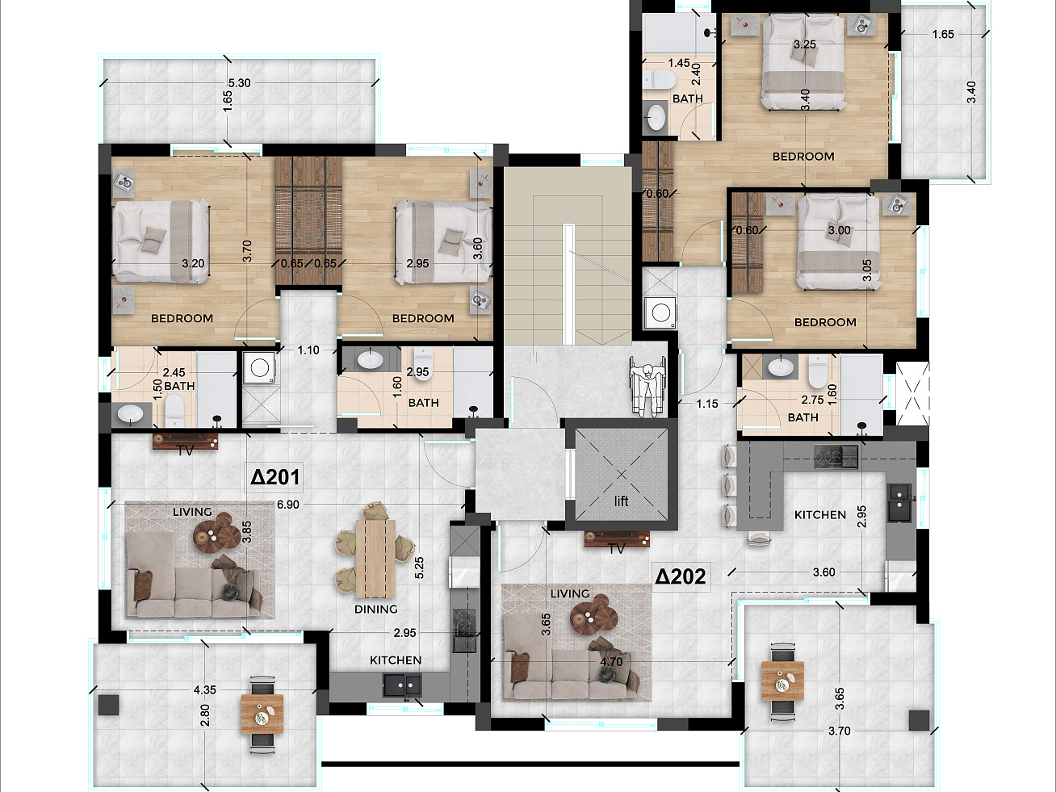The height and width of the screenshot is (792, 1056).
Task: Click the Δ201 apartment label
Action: pyautogui.click(x=275, y=477)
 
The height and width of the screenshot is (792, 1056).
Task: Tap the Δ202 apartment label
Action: pyautogui.click(x=681, y=576)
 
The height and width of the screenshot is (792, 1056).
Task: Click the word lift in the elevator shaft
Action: pyautogui.click(x=621, y=501)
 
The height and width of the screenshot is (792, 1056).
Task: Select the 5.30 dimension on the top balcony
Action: pyautogui.click(x=239, y=82)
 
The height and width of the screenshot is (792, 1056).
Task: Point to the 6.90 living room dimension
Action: pyautogui.click(x=287, y=505)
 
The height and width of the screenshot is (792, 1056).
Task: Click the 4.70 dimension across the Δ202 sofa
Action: pyautogui.click(x=611, y=662)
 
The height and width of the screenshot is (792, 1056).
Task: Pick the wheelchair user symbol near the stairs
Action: pyautogui.click(x=648, y=386)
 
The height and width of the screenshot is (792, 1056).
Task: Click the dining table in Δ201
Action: pyautogui.click(x=375, y=558)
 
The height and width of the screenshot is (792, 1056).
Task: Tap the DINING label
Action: pyautogui.click(x=375, y=610)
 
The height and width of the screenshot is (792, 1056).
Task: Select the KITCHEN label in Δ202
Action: pyautogui.click(x=819, y=515)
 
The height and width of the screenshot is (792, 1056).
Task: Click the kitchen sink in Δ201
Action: pyautogui.click(x=402, y=685)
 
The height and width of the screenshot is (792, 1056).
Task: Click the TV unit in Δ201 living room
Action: pyautogui.click(x=185, y=442)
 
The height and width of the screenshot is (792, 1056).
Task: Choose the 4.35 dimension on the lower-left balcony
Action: pyautogui.click(x=204, y=690)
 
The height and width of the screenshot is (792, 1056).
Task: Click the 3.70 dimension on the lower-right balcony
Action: pyautogui.click(x=839, y=731)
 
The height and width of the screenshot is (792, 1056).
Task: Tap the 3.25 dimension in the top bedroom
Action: pyautogui.click(x=804, y=44)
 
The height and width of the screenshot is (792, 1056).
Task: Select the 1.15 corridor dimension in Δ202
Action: pyautogui.click(x=706, y=404)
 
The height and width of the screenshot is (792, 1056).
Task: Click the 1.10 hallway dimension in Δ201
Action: pyautogui.click(x=308, y=350)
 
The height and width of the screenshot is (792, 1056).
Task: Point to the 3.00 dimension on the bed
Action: pyautogui.click(x=839, y=230)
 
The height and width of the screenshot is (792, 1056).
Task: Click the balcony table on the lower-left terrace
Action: pyautogui.click(x=262, y=714)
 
